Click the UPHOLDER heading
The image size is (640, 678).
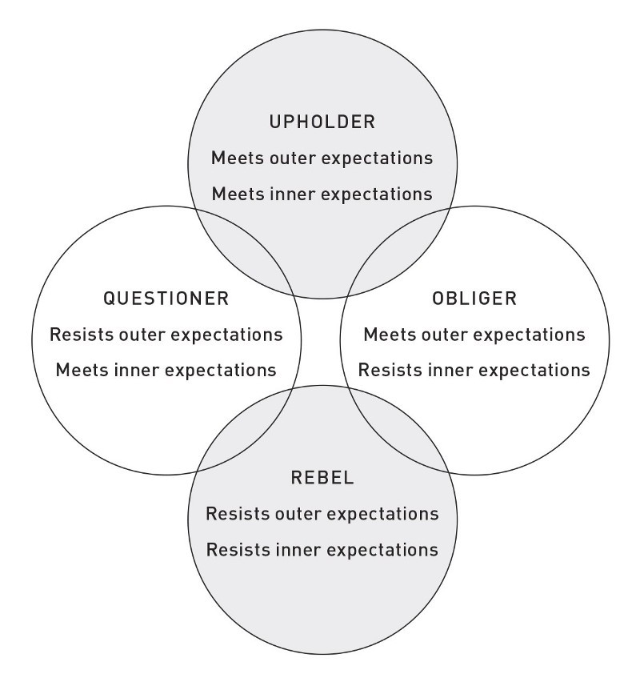pos(322,122)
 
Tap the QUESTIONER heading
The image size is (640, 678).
pos(166,299)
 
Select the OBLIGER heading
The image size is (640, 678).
pos(474,299)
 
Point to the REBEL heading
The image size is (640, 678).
pos(322,478)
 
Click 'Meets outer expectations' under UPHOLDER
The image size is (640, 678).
pos(322,158)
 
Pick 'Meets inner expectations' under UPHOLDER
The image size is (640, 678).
pos(322,195)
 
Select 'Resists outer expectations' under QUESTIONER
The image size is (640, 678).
pos(166,335)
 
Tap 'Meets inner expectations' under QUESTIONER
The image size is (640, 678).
pos(166,371)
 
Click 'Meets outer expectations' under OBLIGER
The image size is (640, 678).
pos(474,335)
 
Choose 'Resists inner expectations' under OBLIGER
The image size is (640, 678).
pos(474,371)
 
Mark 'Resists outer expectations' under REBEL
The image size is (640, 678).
pos(322,514)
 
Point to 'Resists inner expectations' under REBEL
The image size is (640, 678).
pos(322,550)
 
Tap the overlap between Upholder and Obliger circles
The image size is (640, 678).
pos(398,251)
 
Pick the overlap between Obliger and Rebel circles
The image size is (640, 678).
pos(398,428)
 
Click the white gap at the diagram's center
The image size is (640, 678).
pos(321,342)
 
